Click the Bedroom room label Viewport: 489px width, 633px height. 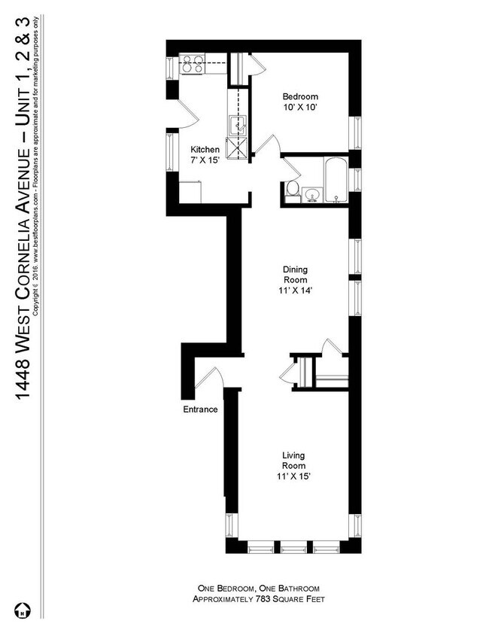300,96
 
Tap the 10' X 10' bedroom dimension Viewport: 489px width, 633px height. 300,108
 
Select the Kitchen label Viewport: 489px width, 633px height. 205,149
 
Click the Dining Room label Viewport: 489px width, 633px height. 295,275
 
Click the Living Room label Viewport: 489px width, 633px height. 293,460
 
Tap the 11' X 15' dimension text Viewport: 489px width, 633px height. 293,476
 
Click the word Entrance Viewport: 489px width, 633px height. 200,410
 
